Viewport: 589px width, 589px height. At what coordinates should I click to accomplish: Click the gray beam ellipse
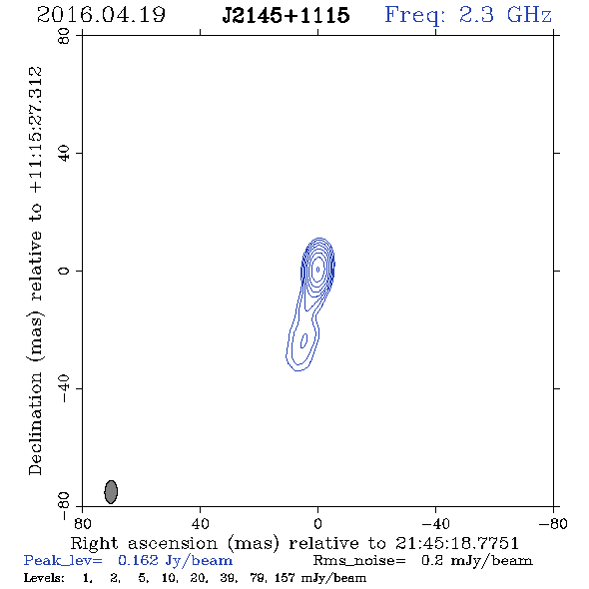coord(111,492)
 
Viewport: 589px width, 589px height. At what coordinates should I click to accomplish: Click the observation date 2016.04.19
coord(101,15)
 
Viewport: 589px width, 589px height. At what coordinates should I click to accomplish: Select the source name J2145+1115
coord(286,15)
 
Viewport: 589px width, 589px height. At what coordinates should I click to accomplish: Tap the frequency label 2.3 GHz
coord(505,15)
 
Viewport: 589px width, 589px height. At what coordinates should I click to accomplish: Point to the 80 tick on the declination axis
coord(64,36)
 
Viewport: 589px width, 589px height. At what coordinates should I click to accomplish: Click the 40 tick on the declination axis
coord(64,154)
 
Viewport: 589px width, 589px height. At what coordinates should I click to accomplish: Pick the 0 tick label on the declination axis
coord(64,271)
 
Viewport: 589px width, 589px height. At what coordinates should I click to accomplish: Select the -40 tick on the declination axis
coord(64,388)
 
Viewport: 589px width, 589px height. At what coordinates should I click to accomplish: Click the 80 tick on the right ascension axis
coord(82,524)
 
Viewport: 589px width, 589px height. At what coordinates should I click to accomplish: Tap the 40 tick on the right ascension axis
coord(200,524)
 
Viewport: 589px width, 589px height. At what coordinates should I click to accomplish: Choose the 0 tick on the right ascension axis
coord(317,524)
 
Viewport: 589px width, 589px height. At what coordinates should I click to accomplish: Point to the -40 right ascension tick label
coord(435,524)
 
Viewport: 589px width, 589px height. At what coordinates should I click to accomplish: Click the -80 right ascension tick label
coord(553,524)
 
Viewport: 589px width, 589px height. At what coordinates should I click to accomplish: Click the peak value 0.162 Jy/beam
coord(176,560)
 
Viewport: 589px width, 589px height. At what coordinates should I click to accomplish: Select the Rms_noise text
coord(359,561)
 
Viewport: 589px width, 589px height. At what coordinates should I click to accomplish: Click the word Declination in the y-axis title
coord(35,423)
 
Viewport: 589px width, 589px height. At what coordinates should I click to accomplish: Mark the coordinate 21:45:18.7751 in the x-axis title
coord(457,543)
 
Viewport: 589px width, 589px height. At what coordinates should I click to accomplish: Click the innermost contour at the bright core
coord(318,269)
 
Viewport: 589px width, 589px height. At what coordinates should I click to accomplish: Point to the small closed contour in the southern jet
coord(303,340)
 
